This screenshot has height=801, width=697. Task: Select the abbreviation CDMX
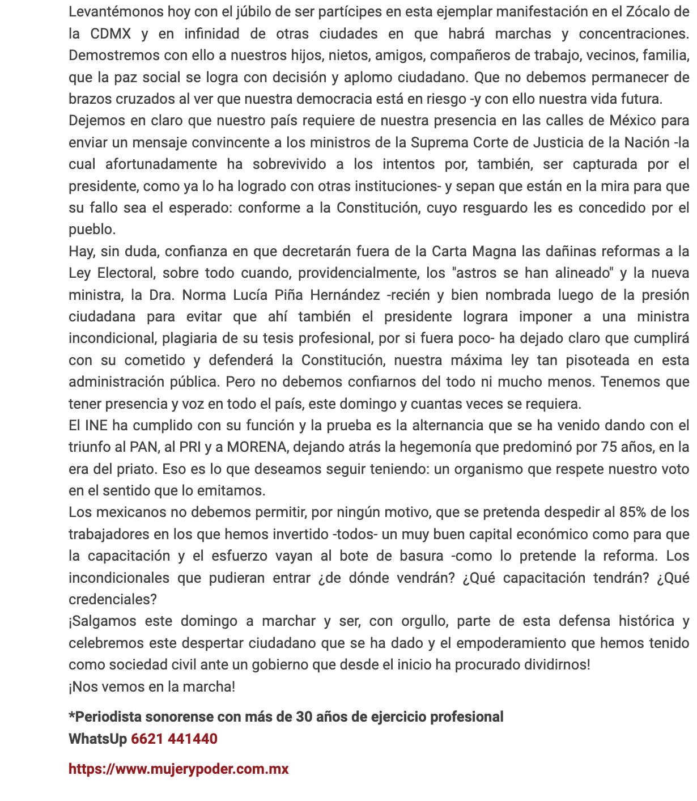point(110,33)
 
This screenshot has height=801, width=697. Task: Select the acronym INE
point(96,425)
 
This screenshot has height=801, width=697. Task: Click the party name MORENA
point(256,447)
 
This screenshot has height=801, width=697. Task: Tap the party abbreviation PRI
point(190,447)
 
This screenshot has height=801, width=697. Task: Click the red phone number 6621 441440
point(174,739)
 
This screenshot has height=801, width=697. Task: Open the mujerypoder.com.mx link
point(178,769)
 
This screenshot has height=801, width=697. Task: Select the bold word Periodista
point(107,717)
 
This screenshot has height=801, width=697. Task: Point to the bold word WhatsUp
point(97,739)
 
